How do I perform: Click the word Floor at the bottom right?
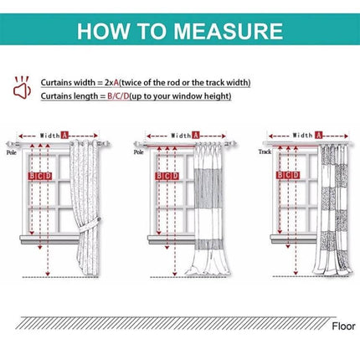pyautogui.click(x=342, y=326)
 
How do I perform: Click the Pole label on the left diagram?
pyautogui.click(x=12, y=153)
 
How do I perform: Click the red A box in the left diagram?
pyautogui.click(x=64, y=135)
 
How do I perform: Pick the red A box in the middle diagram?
pyautogui.click(x=195, y=135)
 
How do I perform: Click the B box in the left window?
pyautogui.click(x=33, y=177)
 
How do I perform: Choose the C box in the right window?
pyautogui.click(x=288, y=177)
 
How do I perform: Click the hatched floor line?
pyautogui.click(x=167, y=321)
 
